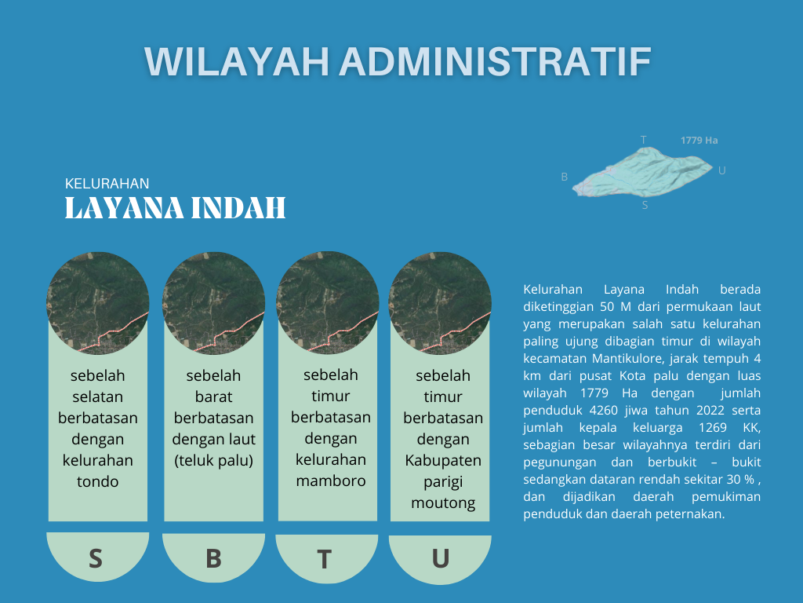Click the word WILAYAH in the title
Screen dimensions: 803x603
coord(236,62)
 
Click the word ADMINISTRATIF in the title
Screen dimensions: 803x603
coord(496,62)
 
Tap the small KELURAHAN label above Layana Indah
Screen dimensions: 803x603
coord(107,184)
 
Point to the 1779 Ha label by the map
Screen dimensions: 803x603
coord(699,141)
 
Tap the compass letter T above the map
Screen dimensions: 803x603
coord(644,140)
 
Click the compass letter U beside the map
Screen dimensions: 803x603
coord(721,170)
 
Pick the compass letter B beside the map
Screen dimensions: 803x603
coord(565,177)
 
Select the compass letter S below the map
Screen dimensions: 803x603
coord(645,206)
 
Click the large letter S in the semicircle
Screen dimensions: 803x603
coord(95,558)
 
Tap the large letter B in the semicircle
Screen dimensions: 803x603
coord(213,558)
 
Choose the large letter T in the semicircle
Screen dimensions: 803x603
coord(324,559)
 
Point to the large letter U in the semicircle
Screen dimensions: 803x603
coord(441,558)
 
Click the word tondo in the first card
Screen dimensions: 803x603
coord(98,481)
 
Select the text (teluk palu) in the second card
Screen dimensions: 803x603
coord(213,460)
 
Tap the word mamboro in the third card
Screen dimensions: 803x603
coord(331,481)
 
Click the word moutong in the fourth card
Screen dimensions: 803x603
coord(443,503)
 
